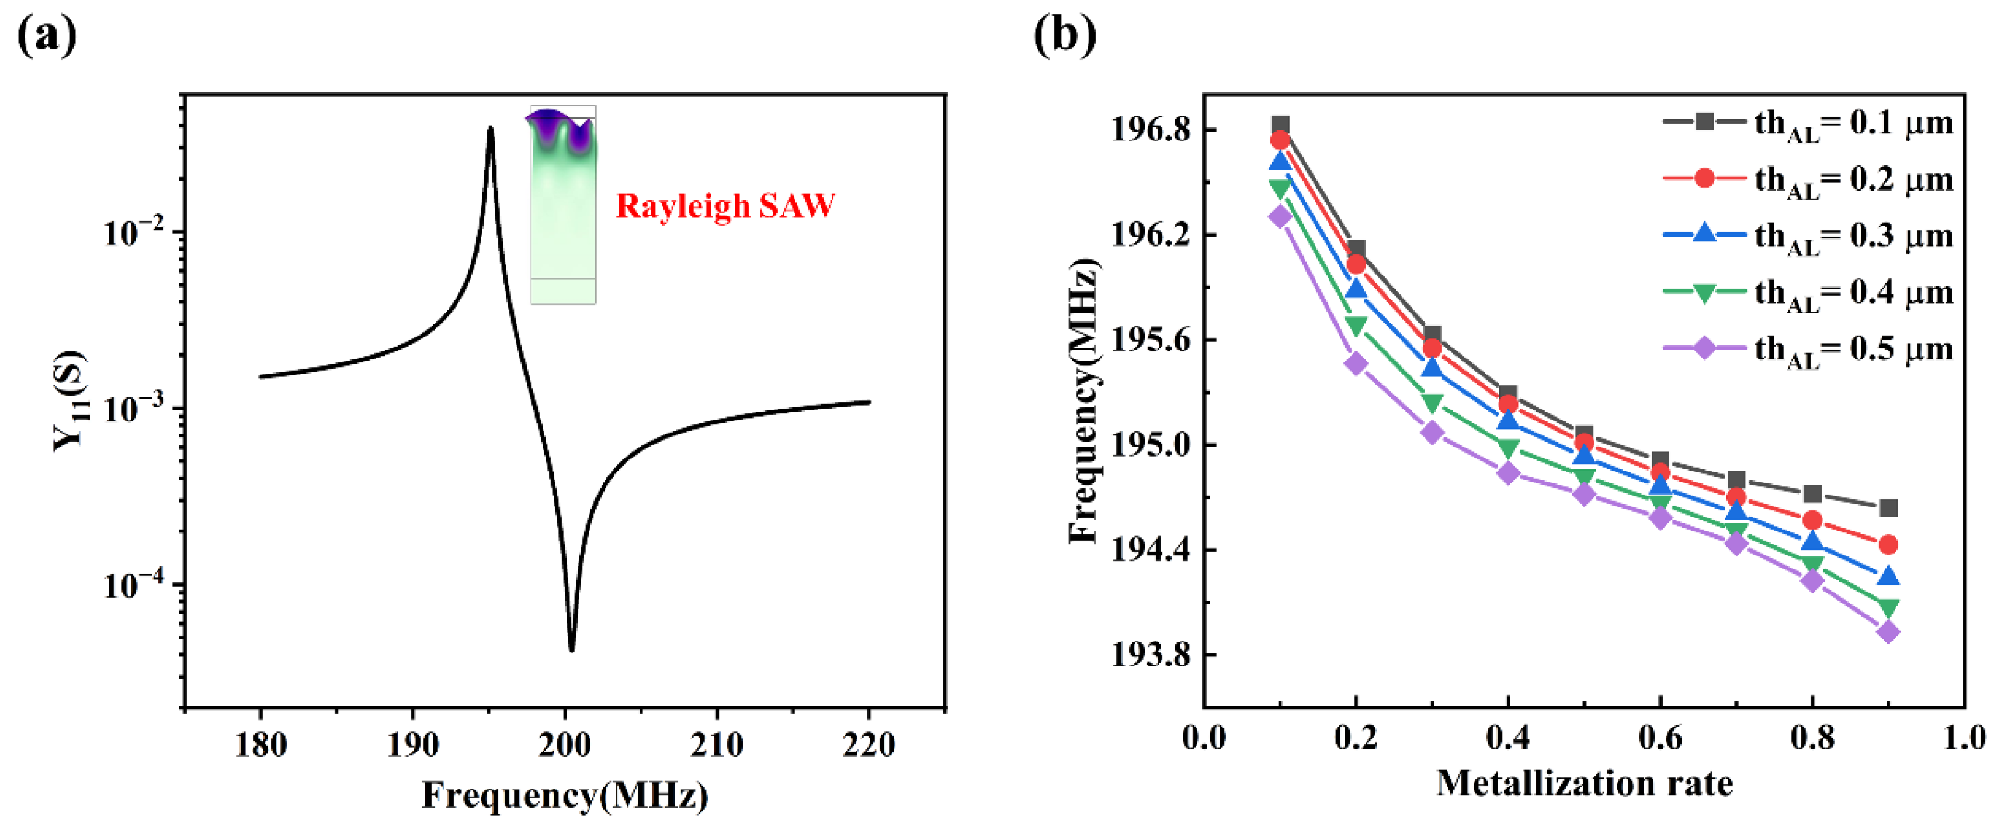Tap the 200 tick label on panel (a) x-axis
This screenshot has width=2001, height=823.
tap(565, 745)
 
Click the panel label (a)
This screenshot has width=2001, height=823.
tap(47, 36)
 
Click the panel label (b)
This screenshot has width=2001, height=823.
tap(1064, 36)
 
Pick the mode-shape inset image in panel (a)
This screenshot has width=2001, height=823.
tap(563, 205)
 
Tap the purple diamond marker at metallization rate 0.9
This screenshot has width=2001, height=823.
tap(1888, 632)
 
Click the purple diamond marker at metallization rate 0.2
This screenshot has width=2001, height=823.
tap(1356, 364)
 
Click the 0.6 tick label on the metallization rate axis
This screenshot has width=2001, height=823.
tap(1660, 736)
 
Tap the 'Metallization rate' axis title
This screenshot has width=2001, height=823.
tap(1584, 783)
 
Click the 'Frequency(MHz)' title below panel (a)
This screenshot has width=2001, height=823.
tap(565, 795)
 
